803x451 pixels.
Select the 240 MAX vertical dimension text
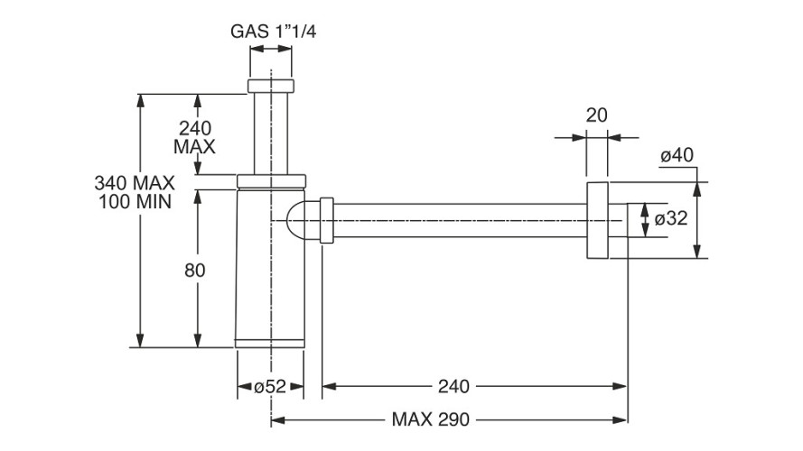point(195,136)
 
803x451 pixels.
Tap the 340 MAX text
point(133,182)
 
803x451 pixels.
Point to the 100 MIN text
point(133,199)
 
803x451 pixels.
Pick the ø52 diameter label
point(269,387)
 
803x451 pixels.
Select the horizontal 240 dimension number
point(453,387)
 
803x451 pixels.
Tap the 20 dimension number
point(596,115)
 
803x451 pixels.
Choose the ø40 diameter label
point(677,155)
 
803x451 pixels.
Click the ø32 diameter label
point(672,219)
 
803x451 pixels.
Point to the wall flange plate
point(596,221)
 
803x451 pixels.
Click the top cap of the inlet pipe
point(271,87)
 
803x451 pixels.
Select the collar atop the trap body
point(271,179)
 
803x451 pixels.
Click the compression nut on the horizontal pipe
point(327,221)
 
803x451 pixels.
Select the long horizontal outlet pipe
point(461,221)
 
